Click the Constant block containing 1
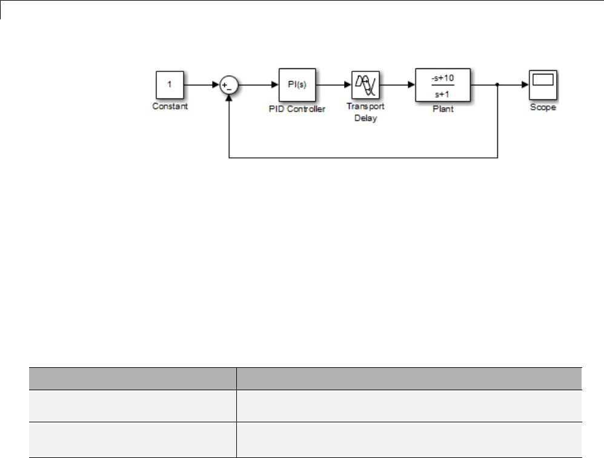(x=170, y=85)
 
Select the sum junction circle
(x=229, y=85)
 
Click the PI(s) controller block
(x=297, y=85)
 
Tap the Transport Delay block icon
(x=366, y=85)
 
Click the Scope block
(x=543, y=85)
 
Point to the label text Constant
(x=170, y=106)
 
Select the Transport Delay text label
(x=365, y=112)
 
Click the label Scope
(x=543, y=108)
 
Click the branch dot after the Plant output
(x=497, y=85)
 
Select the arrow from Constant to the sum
(x=202, y=85)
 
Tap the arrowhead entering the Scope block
(x=524, y=85)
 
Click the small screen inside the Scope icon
(x=543, y=79)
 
